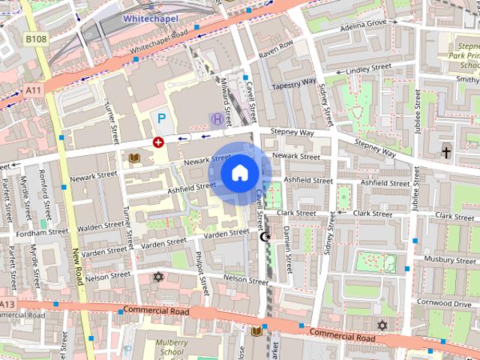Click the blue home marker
click(240, 172)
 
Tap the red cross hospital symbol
click(158, 142)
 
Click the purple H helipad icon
click(217, 118)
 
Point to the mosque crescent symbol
click(263, 237)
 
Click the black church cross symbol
click(446, 152)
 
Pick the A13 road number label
click(7, 304)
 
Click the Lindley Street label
click(367, 69)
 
